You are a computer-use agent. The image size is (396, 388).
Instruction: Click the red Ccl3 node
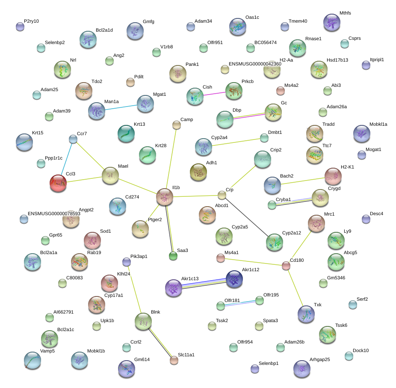58,183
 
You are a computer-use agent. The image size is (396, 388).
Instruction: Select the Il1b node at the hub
164,196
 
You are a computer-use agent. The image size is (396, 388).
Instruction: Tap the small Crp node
222,195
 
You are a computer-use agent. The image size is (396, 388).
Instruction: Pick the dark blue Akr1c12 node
234,279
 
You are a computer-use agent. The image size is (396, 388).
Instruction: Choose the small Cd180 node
286,266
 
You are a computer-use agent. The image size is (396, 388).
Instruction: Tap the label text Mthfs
345,13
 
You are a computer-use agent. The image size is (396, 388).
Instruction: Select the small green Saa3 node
173,256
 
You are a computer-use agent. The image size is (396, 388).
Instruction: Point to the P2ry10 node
20,27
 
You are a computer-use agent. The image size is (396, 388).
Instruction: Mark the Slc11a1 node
174,360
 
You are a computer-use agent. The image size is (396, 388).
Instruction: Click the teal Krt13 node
126,134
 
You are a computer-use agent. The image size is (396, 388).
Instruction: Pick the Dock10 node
349,356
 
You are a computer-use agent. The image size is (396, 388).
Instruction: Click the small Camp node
177,125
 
